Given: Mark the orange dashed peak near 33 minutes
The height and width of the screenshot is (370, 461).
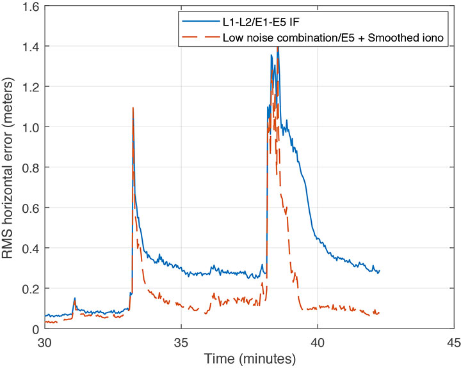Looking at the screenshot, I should tap(133, 108).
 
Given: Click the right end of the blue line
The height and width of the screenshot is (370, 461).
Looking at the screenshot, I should tap(380, 271).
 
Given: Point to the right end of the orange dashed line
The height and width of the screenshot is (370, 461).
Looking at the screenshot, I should tap(380, 312).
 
